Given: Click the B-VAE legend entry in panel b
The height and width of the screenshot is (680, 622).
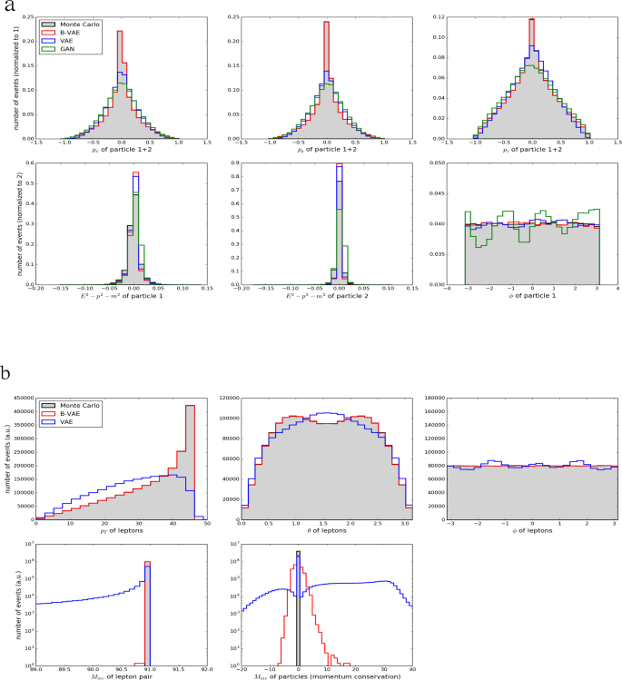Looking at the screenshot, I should coord(62,413).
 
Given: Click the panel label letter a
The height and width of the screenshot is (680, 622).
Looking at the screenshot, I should coord(8,7).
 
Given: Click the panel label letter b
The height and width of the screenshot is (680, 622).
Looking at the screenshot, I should coord(8,372).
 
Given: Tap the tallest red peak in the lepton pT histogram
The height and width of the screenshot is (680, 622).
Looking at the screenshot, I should coord(191,407).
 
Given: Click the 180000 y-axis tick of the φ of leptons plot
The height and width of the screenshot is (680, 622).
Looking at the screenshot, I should coord(431,399).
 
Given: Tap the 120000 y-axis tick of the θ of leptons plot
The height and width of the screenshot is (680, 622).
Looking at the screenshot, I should coord(226,399).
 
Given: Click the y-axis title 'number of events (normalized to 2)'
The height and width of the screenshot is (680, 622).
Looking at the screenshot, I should coord(7,223).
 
